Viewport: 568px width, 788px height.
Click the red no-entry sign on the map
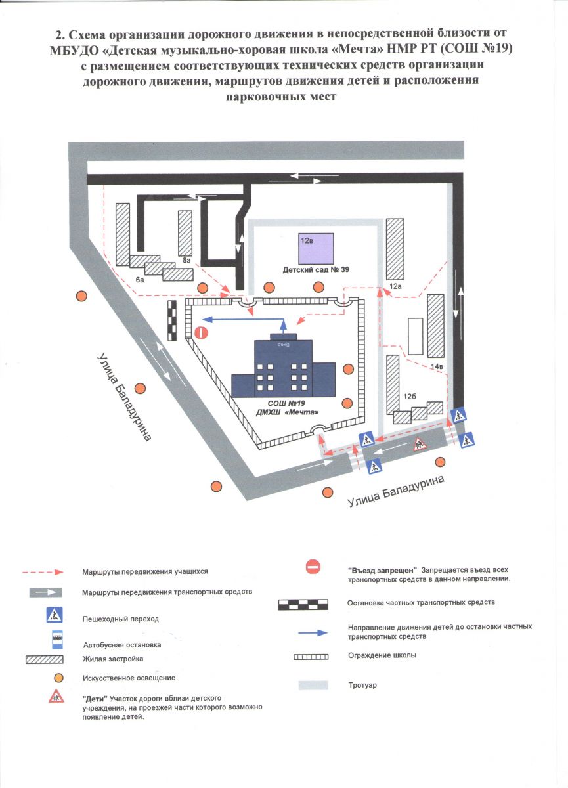[x=203, y=333]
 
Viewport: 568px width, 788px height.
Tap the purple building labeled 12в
[x=316, y=249]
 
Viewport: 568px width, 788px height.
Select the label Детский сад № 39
[x=316, y=270]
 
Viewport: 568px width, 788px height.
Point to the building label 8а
[x=186, y=261]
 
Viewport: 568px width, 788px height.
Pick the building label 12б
[x=410, y=396]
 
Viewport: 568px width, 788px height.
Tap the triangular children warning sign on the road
[x=420, y=445]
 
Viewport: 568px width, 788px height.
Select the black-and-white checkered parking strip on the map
[x=173, y=320]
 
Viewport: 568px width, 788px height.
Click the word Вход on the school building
[x=283, y=343]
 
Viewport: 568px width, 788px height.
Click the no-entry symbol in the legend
[x=313, y=567]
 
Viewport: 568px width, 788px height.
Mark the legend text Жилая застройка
[x=113, y=659]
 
